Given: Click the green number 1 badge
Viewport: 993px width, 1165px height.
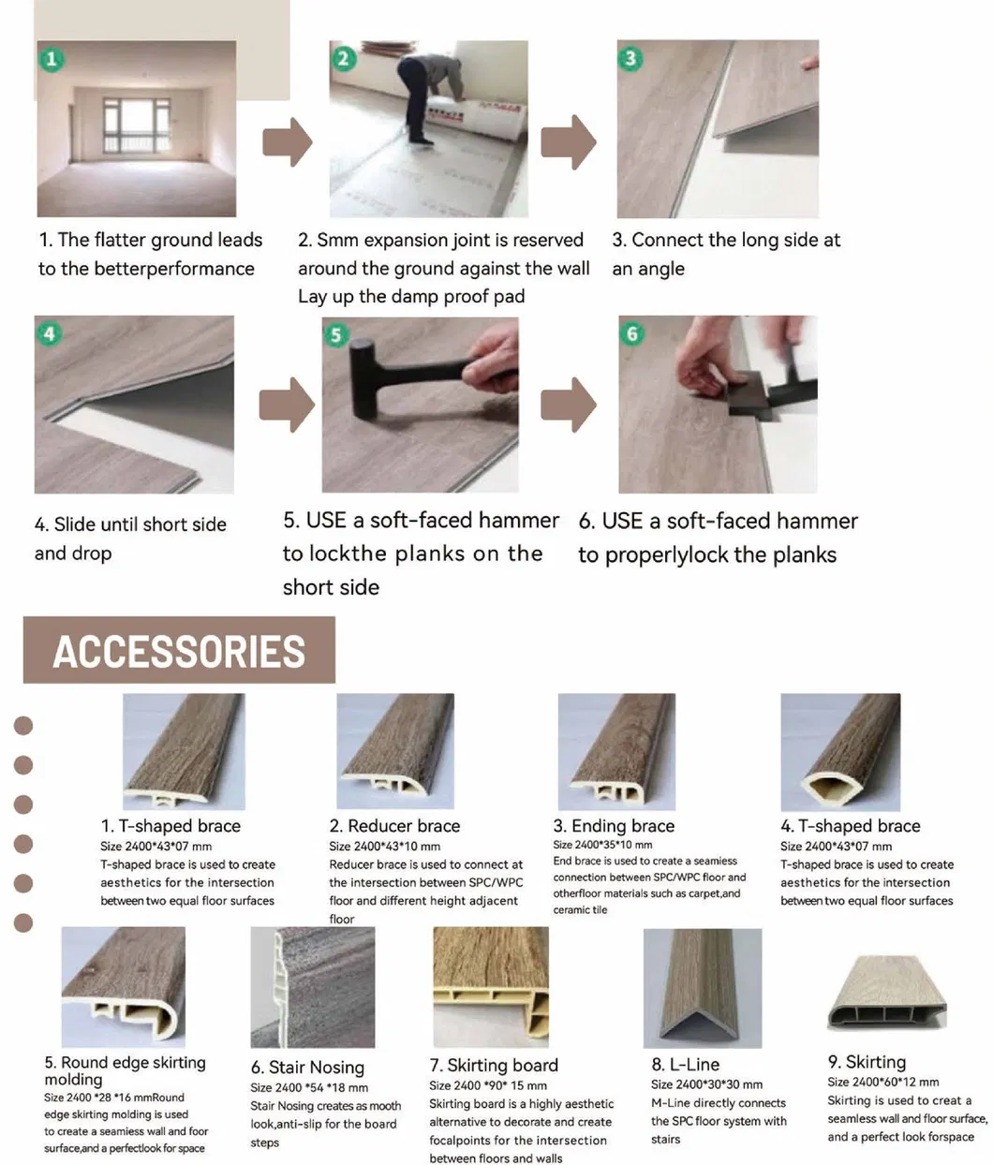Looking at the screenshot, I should click(52, 59).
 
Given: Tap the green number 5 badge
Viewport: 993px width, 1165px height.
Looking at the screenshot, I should click(336, 334).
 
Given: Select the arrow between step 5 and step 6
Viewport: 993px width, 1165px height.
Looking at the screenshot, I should click(568, 405).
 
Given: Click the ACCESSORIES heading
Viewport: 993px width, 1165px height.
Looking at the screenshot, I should click(179, 651).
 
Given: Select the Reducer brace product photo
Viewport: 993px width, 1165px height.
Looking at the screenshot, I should click(395, 751).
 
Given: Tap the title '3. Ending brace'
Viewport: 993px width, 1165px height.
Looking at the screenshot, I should click(614, 826).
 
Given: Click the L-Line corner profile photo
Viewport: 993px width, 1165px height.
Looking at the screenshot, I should click(703, 988).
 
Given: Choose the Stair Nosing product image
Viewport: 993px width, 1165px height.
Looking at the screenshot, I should click(312, 987).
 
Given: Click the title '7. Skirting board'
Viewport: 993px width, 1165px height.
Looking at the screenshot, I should click(494, 1065).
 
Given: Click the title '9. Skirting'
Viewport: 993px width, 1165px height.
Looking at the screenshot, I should click(867, 1062).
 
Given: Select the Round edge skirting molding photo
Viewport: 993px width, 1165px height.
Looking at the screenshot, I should click(123, 986).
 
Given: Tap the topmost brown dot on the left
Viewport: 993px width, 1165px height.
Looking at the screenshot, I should click(23, 725).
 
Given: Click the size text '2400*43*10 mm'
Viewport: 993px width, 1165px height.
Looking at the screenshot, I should click(385, 846).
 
